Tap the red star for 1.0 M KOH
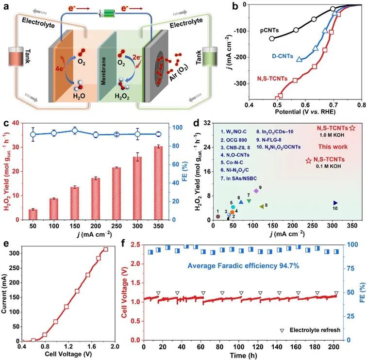(x=352, y=129)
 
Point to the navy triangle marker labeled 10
(x=335, y=203)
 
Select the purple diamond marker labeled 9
(x=256, y=191)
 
